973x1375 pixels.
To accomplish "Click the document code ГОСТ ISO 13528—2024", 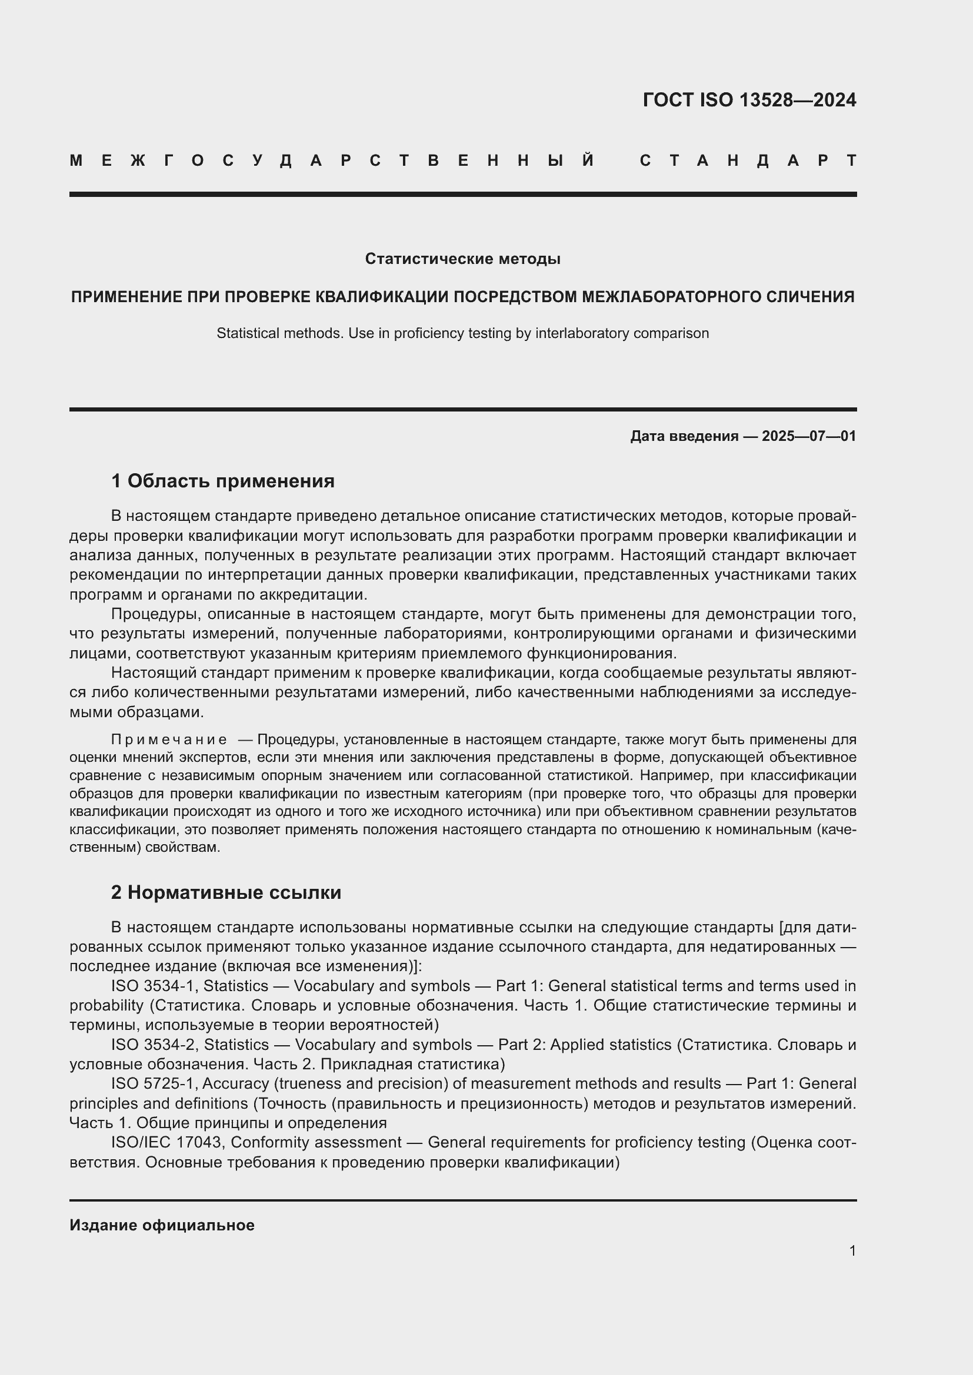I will (x=749, y=100).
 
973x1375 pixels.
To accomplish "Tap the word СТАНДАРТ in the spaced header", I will (x=748, y=160).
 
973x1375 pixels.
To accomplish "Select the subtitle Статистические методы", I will (x=462, y=259).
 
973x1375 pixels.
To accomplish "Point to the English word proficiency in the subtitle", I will (x=426, y=333).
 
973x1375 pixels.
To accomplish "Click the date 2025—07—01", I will (x=809, y=436).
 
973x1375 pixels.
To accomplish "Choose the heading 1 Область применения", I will (x=222, y=480).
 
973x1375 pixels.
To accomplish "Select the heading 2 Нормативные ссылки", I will (x=226, y=892).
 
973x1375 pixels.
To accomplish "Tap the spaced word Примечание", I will (x=168, y=740).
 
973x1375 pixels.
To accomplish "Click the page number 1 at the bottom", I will (x=852, y=1250).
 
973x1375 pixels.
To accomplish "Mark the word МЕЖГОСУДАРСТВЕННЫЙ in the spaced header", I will (x=332, y=160).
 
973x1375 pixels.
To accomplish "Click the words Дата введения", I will (x=684, y=436).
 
